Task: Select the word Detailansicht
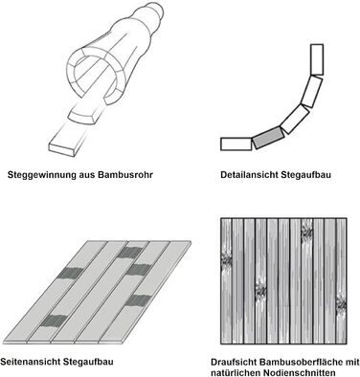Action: pos(250,175)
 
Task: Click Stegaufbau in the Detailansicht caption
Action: pos(306,175)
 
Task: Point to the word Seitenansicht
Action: pos(31,362)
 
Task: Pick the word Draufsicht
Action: pos(234,363)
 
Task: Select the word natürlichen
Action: pos(236,372)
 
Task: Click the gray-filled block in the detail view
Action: pos(268,137)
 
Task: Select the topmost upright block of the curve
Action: pos(317,59)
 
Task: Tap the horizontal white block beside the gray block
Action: pos(236,144)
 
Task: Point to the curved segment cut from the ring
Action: pos(84,117)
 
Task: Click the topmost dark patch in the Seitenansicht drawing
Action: pos(130,253)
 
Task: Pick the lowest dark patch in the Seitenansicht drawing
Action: pos(54,321)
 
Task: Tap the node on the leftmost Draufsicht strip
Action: pos(226,260)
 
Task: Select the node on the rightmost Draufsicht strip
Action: pos(341,305)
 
